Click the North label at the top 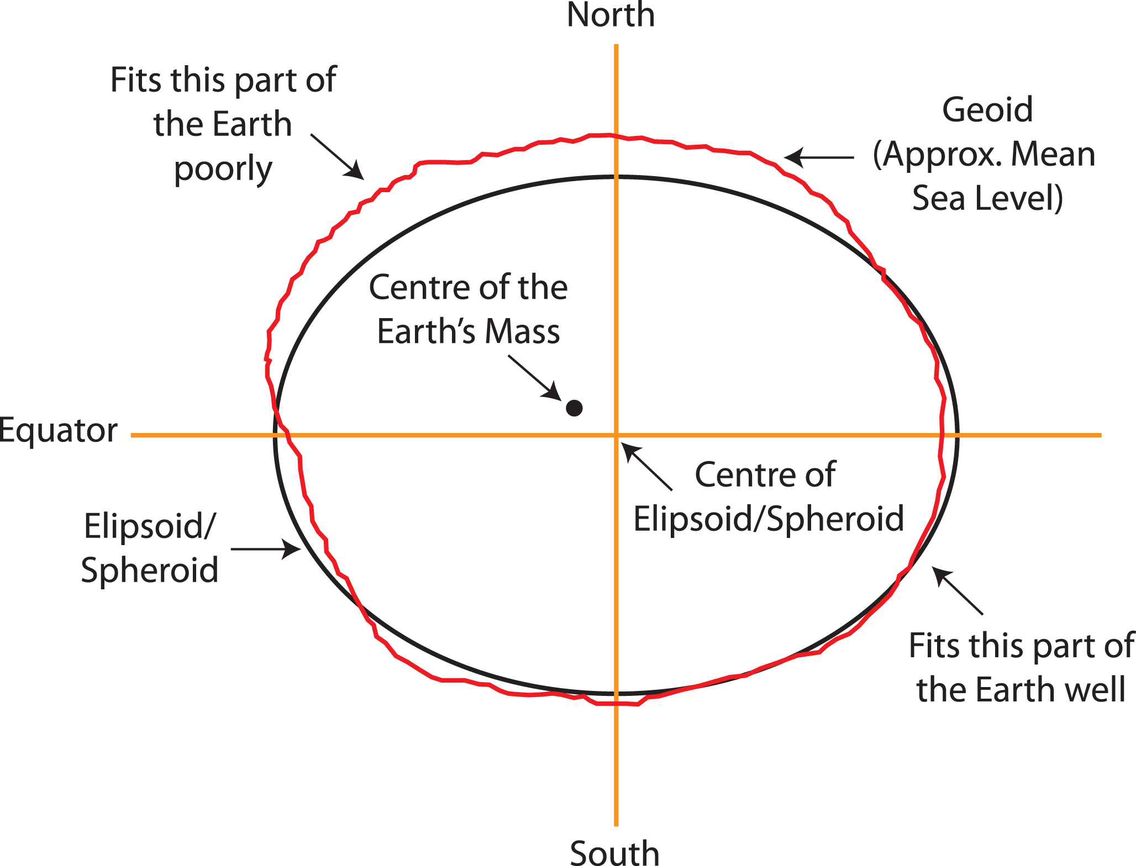[x=611, y=15]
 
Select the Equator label [x=58, y=430]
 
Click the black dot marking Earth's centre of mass [x=574, y=408]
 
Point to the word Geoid [x=987, y=109]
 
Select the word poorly [x=223, y=169]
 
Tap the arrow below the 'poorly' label [x=337, y=157]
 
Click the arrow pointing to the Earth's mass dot [x=534, y=377]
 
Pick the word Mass [x=522, y=332]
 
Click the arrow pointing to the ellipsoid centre [x=646, y=467]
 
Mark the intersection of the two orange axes [x=616, y=435]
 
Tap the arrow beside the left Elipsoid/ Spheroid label [x=266, y=549]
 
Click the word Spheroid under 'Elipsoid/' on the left [x=150, y=570]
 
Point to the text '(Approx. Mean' [x=984, y=154]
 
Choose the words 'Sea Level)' [x=987, y=198]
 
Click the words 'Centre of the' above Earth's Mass [x=468, y=288]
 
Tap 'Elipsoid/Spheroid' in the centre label [x=768, y=519]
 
